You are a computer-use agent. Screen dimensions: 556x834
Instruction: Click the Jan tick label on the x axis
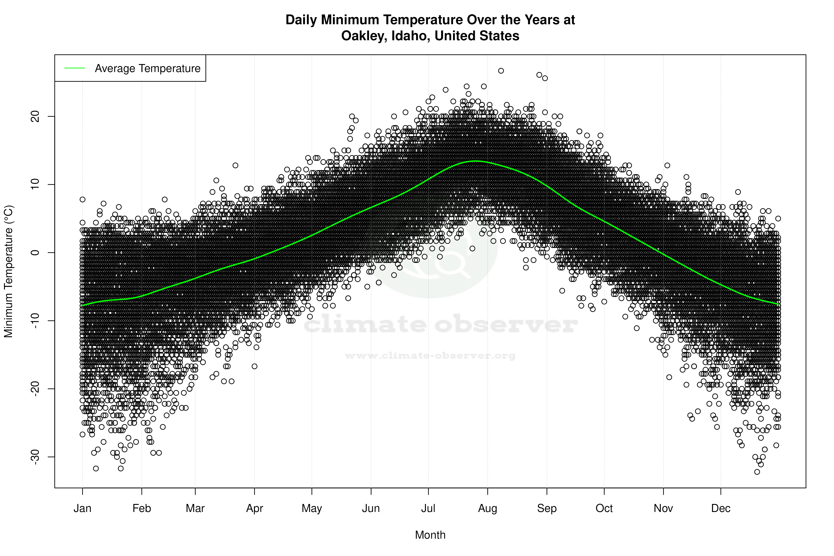82,508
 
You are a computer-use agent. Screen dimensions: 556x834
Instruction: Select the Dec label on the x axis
721,508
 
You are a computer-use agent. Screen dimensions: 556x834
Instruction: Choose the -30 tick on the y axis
35,457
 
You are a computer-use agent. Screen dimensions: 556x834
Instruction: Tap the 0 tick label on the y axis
35,252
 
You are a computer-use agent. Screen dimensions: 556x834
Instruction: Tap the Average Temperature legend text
147,68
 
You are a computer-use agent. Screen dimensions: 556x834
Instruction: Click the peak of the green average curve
475,161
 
